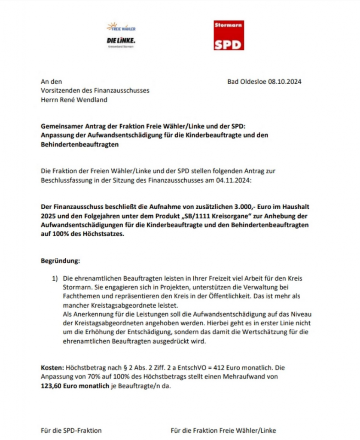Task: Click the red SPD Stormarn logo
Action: tap(229, 35)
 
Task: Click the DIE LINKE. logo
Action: tap(121, 40)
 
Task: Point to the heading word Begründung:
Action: tap(60, 261)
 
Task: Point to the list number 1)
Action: tap(55, 279)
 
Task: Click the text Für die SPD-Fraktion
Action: tap(71, 430)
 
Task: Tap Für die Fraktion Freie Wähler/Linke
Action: tap(223, 430)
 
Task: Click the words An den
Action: tap(51, 82)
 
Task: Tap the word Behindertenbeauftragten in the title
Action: tap(79, 145)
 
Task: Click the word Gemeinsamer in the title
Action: tap(61, 127)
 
